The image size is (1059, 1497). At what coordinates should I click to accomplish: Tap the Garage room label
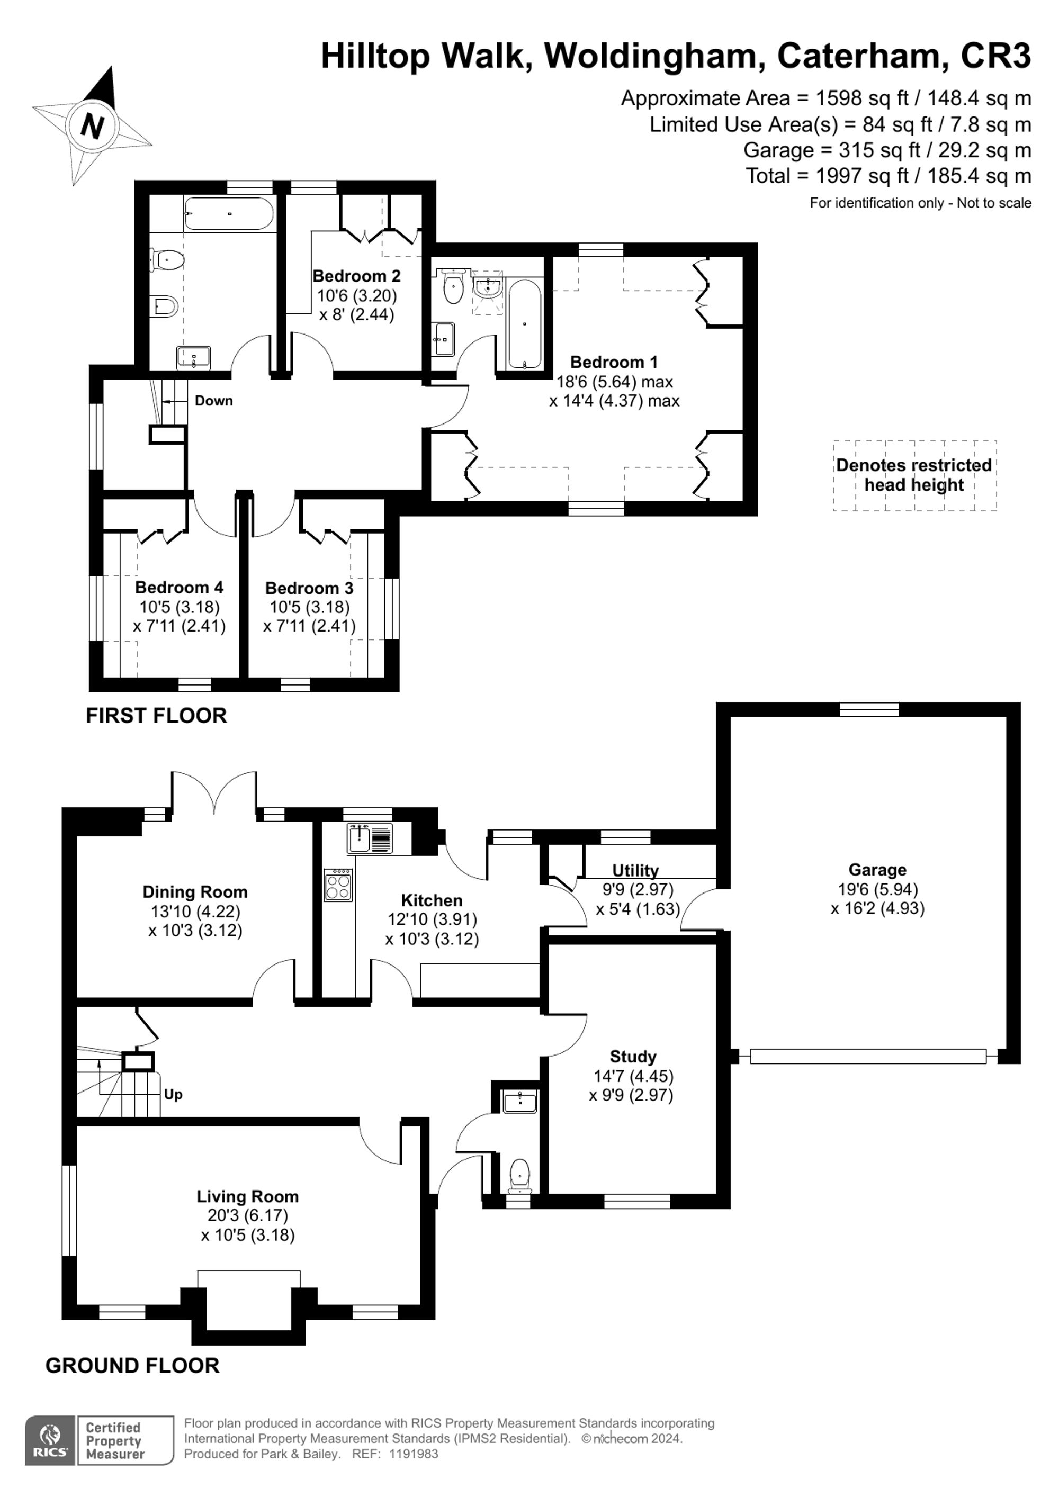coord(877,869)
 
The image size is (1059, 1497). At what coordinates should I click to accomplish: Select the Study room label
coord(633,1056)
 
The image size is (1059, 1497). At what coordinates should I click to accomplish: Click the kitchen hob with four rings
coord(338,885)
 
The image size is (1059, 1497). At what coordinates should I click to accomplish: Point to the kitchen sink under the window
coord(370,838)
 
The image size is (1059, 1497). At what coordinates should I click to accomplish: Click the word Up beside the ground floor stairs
coord(173,1094)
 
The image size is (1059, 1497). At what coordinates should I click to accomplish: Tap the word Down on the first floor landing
coord(213,400)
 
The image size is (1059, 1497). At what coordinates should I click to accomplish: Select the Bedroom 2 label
coord(356,276)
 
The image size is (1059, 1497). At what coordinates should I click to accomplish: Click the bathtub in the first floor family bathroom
coord(228,213)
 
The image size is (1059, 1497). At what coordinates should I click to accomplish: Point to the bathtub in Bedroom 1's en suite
coord(524,323)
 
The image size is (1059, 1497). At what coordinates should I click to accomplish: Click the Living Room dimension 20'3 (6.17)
coord(248,1215)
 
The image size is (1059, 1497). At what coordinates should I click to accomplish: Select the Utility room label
coord(635,870)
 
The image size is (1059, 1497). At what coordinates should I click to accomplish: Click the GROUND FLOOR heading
coord(132,1365)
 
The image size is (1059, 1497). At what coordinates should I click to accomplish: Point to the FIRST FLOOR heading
coord(157,715)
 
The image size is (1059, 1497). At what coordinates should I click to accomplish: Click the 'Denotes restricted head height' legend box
coord(914,475)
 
